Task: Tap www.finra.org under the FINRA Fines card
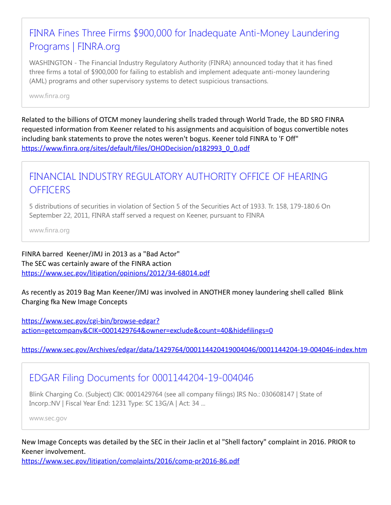click(49, 96)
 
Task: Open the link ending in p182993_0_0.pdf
click(136, 148)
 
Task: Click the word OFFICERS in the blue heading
click(50, 190)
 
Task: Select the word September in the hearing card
click(45, 215)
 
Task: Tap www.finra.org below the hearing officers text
click(49, 230)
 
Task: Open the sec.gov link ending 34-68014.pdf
click(115, 273)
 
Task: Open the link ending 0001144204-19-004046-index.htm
click(194, 350)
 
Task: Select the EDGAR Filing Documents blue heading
click(141, 378)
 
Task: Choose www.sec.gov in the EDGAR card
click(48, 418)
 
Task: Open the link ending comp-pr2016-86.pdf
click(130, 461)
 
